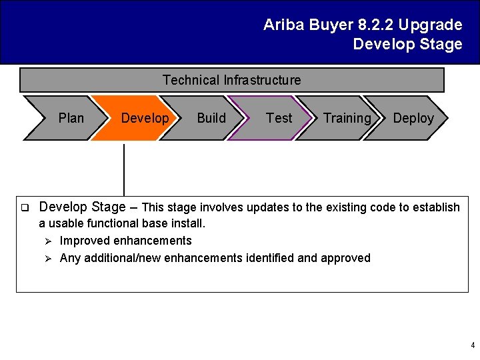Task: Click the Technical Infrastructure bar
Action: tap(231, 81)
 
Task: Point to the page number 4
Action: tap(473, 345)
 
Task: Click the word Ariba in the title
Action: tap(283, 25)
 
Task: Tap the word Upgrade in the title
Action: tap(430, 25)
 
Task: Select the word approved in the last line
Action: tap(346, 258)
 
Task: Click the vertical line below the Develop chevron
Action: tap(124, 170)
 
